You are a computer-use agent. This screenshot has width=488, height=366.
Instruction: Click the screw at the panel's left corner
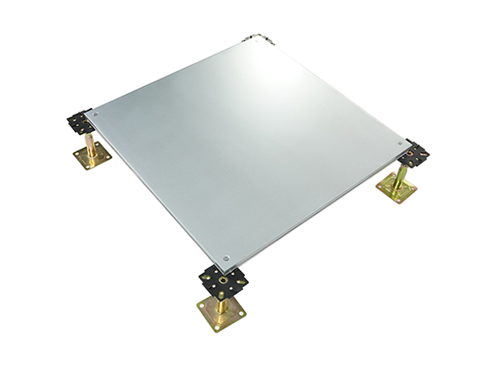(96, 115)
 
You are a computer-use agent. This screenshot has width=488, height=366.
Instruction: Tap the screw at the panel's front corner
(227, 257)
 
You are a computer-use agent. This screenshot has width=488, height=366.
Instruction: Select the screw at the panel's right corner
(399, 142)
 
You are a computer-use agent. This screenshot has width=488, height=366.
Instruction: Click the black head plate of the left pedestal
(80, 124)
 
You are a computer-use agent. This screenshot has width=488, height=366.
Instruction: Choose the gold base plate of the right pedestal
(396, 189)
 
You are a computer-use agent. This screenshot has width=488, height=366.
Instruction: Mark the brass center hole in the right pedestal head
(416, 155)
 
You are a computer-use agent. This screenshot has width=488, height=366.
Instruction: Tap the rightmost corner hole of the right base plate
(414, 190)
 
